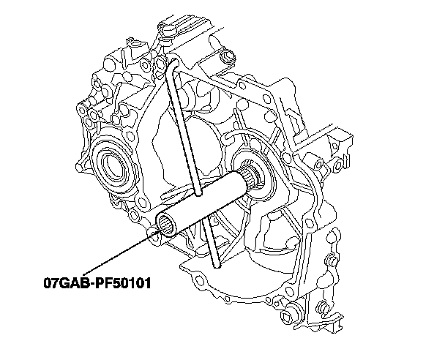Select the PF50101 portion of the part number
click(x=122, y=283)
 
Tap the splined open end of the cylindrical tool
click(x=166, y=223)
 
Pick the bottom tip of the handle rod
click(x=217, y=265)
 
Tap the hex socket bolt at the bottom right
click(x=290, y=314)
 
